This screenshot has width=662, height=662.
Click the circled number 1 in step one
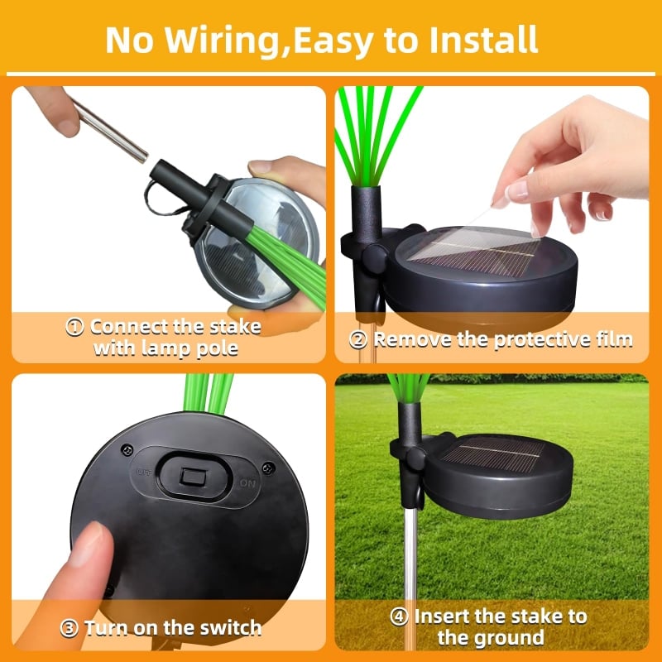coord(75,327)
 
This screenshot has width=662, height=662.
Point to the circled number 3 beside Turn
coord(70,627)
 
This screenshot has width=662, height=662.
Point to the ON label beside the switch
coord(247,482)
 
